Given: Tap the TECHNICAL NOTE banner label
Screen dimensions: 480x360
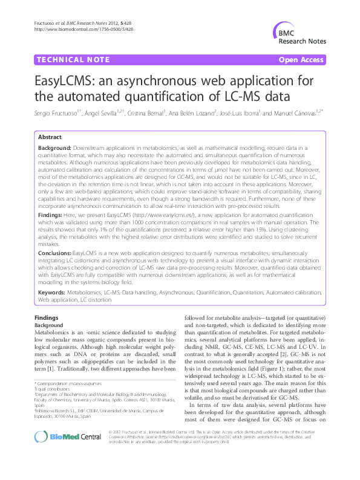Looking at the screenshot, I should click(73, 60).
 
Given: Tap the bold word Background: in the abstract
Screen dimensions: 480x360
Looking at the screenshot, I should click(55, 148).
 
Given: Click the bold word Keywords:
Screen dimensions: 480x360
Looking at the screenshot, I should click(52, 291).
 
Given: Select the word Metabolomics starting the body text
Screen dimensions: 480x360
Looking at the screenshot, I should click(55, 332).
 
